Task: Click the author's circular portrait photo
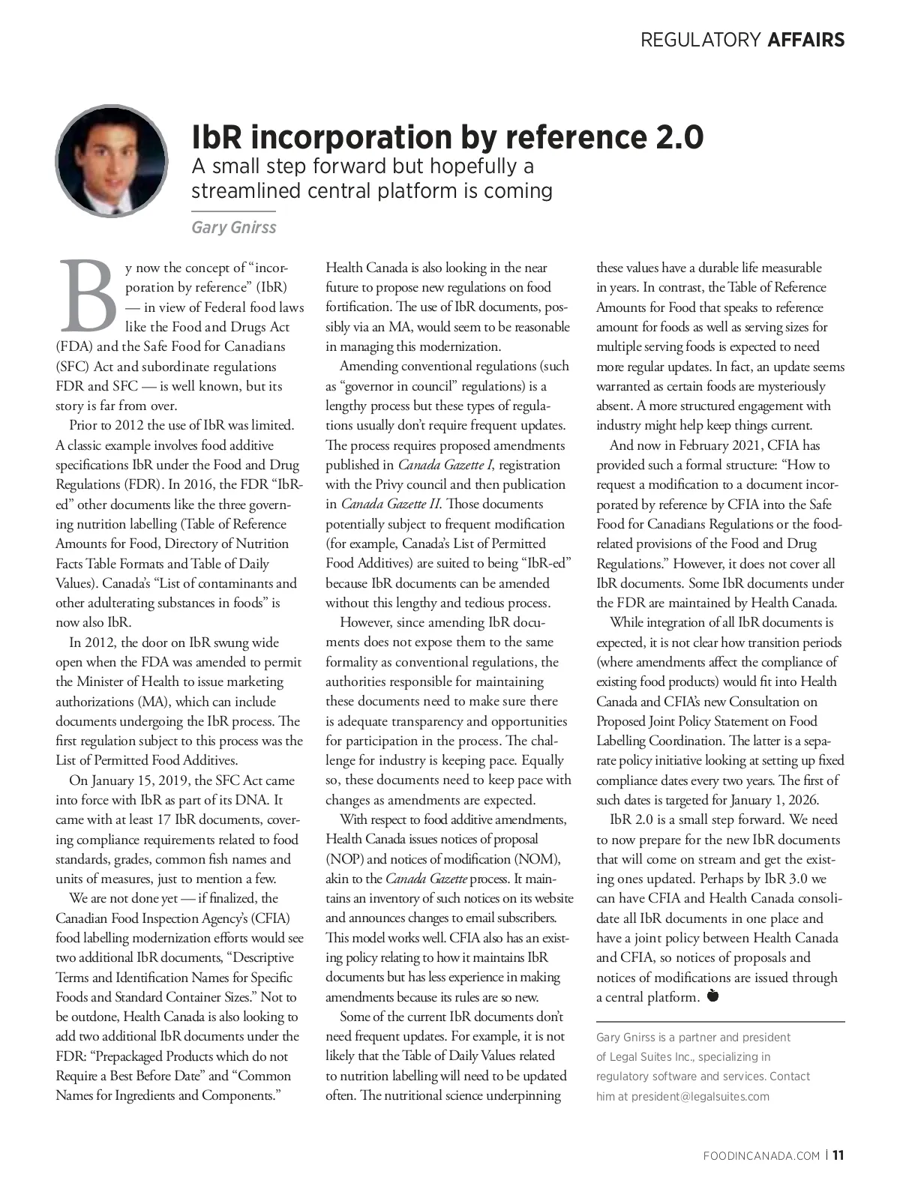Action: coord(111,161)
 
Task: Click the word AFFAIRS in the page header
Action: coord(806,40)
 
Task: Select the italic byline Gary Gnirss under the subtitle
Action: coord(233,227)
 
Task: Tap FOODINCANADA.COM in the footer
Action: coord(761,1156)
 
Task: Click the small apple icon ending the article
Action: coord(712,996)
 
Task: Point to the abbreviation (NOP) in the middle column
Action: coord(343,859)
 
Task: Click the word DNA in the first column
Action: coord(255,800)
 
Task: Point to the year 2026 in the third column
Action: coord(802,800)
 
